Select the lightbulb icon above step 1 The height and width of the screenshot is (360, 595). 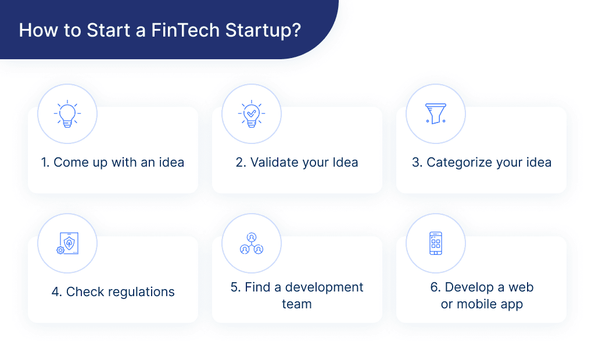pyautogui.click(x=67, y=114)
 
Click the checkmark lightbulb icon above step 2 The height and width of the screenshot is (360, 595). pyautogui.click(x=252, y=114)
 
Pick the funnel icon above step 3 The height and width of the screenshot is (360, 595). pyautogui.click(x=435, y=114)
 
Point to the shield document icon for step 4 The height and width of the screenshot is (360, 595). pyautogui.click(x=67, y=243)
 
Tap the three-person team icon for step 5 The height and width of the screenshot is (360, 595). pyautogui.click(x=252, y=243)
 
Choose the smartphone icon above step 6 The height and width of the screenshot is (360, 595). pyautogui.click(x=435, y=243)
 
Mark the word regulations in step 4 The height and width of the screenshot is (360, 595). pyautogui.click(x=142, y=291)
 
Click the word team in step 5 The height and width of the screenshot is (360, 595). pyautogui.click(x=297, y=304)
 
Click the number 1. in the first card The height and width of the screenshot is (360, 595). pyautogui.click(x=45, y=163)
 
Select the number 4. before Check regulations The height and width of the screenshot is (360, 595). pyautogui.click(x=57, y=291)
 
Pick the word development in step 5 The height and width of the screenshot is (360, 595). pyautogui.click(x=324, y=287)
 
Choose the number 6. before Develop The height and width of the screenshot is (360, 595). pyautogui.click(x=436, y=287)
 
